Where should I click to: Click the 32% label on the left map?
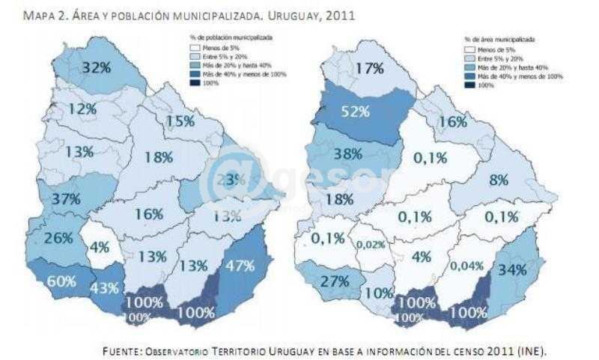point(97,67)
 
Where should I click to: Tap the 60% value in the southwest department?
point(61,281)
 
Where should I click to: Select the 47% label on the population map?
point(240,266)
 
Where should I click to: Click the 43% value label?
point(105,287)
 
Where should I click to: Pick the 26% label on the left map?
point(58,238)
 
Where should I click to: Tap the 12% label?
point(82,109)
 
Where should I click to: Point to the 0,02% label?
point(371,244)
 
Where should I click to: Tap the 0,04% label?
point(466,265)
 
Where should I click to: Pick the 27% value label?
point(335,281)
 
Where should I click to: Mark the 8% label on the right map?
point(499,180)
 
